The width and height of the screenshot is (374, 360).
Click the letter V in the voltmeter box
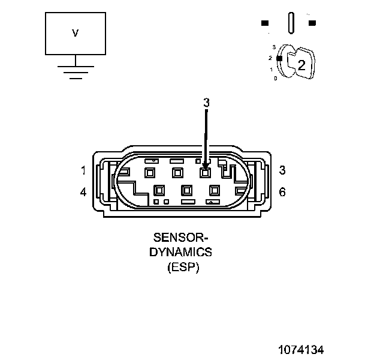point(75,34)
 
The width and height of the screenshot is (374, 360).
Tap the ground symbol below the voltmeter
point(75,71)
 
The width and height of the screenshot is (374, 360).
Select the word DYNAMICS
point(180,253)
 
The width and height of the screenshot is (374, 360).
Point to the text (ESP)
point(183,267)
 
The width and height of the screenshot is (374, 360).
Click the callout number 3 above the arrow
point(206,103)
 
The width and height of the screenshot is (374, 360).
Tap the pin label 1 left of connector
point(83,170)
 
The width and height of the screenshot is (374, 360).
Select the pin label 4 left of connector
point(83,193)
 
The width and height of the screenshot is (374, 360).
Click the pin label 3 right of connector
point(282,170)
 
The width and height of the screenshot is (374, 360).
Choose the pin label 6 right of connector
point(282,193)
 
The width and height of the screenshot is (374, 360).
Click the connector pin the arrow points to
point(205,173)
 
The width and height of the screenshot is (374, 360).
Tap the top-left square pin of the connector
point(149,173)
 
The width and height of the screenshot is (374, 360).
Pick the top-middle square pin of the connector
point(177,173)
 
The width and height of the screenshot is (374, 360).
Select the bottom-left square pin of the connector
point(159,191)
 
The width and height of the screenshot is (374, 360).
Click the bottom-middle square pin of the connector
point(186,191)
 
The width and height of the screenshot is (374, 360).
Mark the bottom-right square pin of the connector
point(214,191)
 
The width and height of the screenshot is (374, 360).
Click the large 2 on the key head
point(301,66)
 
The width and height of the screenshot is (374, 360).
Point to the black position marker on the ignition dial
point(279,58)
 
